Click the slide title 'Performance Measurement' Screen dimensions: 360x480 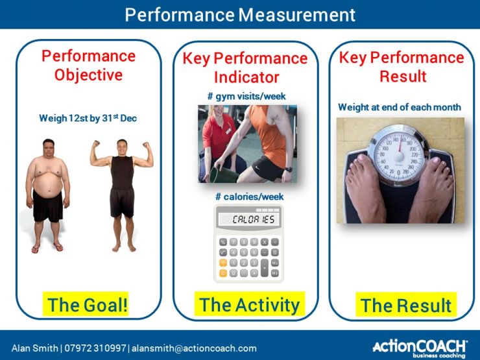click(x=240, y=14)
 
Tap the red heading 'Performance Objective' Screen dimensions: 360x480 click(x=88, y=65)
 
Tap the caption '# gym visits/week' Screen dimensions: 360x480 click(x=246, y=97)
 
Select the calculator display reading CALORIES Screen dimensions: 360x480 click(x=248, y=219)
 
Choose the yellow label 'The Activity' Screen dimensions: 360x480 click(x=249, y=304)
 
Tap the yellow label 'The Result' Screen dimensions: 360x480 click(x=406, y=305)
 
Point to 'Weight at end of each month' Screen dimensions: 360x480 click(x=400, y=107)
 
